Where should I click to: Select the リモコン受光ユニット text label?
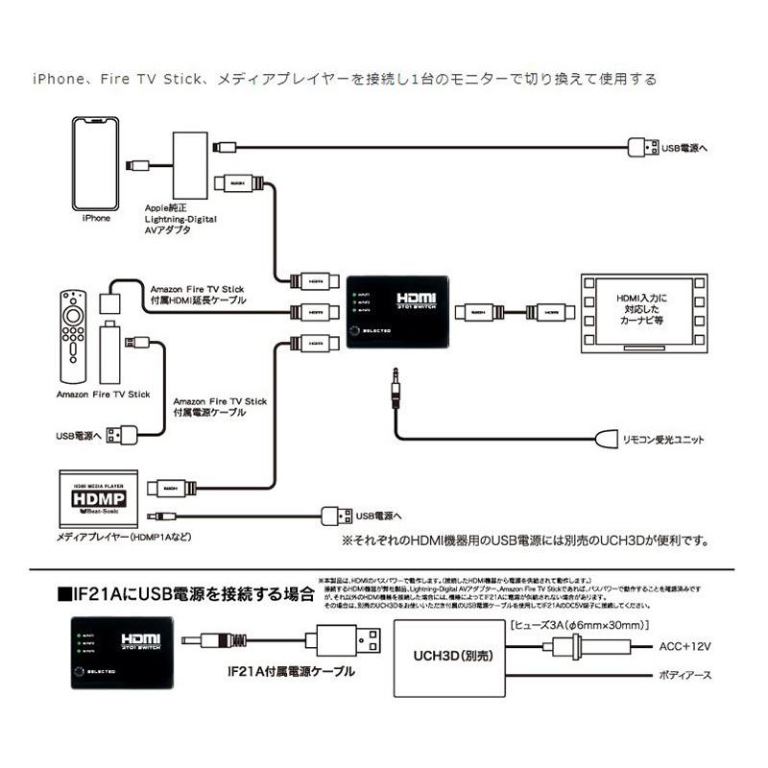point(663,441)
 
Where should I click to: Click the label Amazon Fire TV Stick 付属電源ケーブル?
point(220,407)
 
